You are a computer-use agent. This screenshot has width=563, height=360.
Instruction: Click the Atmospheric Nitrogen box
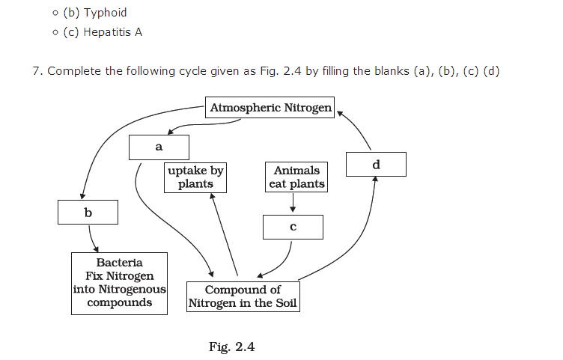pyautogui.click(x=270, y=108)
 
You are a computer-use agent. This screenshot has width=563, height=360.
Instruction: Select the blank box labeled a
pyautogui.click(x=159, y=147)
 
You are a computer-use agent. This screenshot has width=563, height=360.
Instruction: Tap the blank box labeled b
pyautogui.click(x=88, y=213)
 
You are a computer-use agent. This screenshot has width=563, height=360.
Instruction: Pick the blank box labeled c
pyautogui.click(x=293, y=227)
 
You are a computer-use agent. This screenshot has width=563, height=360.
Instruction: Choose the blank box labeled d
pyautogui.click(x=376, y=164)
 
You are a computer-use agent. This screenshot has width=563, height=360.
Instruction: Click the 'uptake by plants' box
pyautogui.click(x=195, y=177)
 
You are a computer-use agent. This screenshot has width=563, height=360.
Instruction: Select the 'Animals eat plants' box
pyautogui.click(x=296, y=177)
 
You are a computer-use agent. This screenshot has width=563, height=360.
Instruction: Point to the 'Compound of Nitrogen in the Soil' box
pyautogui.click(x=243, y=296)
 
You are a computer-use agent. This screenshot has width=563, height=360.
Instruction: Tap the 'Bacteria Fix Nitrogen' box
pyautogui.click(x=119, y=283)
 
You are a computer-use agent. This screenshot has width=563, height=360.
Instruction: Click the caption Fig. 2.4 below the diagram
pyautogui.click(x=232, y=347)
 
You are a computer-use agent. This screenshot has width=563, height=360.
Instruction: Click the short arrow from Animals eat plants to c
pyautogui.click(x=293, y=202)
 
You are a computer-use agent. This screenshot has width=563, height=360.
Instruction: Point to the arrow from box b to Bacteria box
pyautogui.click(x=93, y=239)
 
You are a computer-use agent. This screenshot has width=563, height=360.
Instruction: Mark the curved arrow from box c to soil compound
pyautogui.click(x=281, y=262)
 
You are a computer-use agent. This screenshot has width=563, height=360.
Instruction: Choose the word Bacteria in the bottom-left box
pyautogui.click(x=119, y=263)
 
